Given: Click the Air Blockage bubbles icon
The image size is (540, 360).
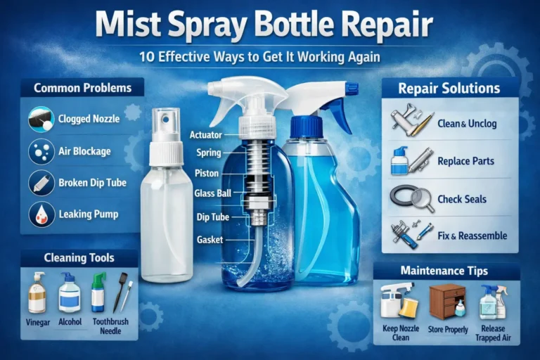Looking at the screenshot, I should click(41, 150).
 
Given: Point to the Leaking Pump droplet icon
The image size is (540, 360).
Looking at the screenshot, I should click(41, 214).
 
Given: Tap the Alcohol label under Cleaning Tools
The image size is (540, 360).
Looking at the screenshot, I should click(70, 321).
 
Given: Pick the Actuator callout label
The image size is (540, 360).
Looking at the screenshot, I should click(205, 134).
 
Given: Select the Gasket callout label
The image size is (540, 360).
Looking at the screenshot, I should click(210, 240).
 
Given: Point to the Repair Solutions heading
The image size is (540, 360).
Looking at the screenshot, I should click(449, 89).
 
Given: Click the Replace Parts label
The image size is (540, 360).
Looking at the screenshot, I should click(465, 161).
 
